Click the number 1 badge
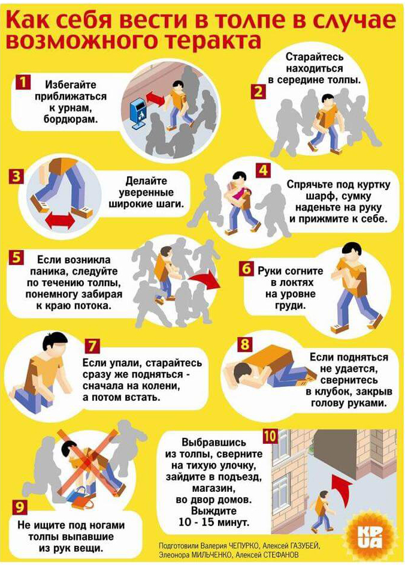[x=23, y=82]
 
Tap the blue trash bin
[x=139, y=112]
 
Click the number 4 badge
[x=263, y=170]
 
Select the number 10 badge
[x=270, y=436]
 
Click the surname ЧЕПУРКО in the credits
[x=241, y=546]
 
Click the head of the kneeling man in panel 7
[x=55, y=344]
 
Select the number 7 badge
[x=92, y=345]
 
